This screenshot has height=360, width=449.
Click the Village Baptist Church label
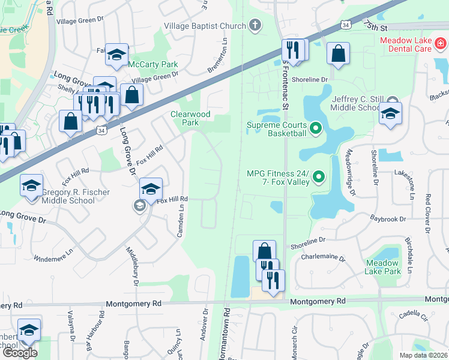point(205,26)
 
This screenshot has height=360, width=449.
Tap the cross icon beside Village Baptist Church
point(255,26)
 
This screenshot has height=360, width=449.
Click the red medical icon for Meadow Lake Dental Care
point(440,43)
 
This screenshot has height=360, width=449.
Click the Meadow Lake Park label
point(382,267)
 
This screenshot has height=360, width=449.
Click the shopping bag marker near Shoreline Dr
point(339,53)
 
